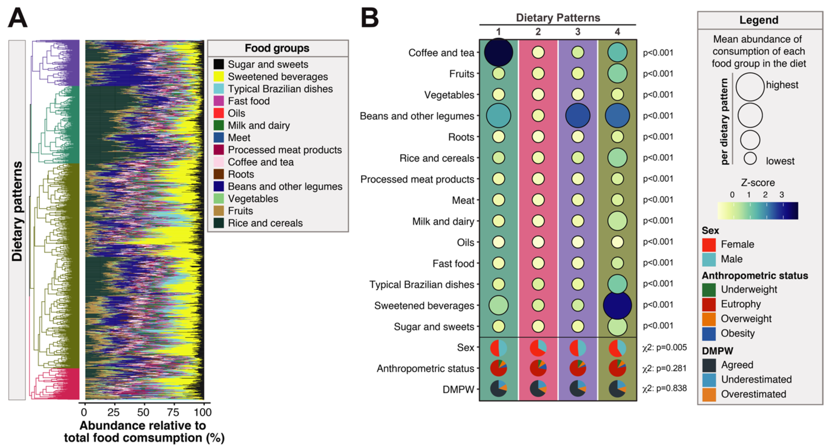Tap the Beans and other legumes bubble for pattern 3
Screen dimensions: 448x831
tap(577, 116)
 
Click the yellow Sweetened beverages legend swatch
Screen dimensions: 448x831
tap(218, 76)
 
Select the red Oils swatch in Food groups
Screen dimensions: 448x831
tap(218, 113)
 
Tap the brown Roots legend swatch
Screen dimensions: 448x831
tap(218, 174)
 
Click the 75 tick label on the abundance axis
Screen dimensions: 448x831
tap(173, 412)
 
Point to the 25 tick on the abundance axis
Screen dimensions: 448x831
tap(114, 412)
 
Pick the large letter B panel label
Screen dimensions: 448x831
tap(370, 18)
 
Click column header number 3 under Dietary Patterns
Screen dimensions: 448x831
tap(577, 32)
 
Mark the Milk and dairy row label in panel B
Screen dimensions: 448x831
tap(443, 221)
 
